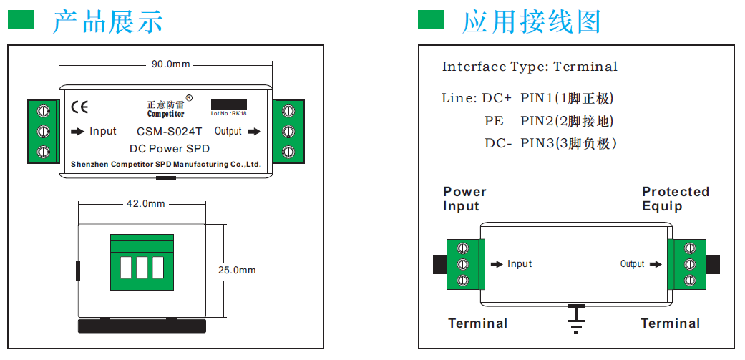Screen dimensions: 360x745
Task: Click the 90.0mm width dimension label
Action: tap(170, 64)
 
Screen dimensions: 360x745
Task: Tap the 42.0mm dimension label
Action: tap(145, 203)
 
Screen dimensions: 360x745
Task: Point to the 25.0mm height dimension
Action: tap(237, 271)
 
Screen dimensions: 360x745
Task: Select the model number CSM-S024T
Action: tap(169, 132)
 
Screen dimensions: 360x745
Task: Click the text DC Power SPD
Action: tap(169, 149)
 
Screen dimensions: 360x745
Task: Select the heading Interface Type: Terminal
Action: tap(530, 67)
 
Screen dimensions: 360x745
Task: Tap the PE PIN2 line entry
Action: tap(549, 121)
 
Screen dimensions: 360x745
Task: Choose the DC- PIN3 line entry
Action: tap(550, 143)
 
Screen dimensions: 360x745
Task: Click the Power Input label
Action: tap(464, 199)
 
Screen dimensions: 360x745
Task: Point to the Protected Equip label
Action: tap(675, 199)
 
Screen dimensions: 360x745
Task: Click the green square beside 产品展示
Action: tap(21, 20)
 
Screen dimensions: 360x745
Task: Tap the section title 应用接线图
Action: tap(532, 21)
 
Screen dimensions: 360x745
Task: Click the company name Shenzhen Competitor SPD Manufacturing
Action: tap(165, 165)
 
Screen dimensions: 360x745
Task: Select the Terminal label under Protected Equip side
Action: tap(670, 323)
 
